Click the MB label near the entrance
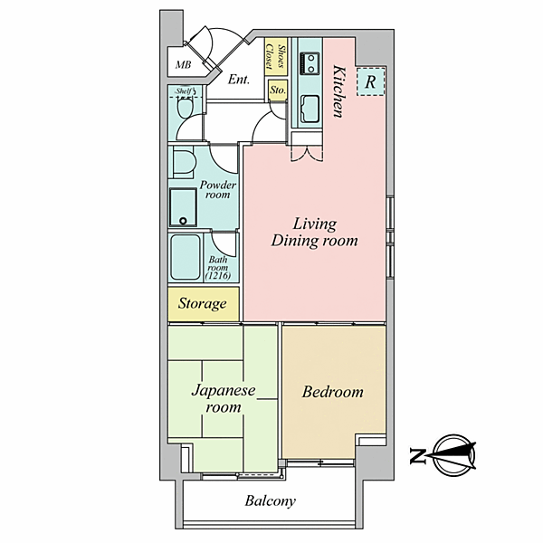183,65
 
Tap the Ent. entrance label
239,80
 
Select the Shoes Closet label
276,57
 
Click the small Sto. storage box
278,90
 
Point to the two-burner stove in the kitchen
310,63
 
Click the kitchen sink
310,109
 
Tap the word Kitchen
339,91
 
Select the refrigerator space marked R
370,81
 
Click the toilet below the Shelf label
186,108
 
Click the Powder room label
217,189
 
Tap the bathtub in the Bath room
186,257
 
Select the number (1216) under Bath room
218,276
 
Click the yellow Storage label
202,303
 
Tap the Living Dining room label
314,232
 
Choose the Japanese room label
224,398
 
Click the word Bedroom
333,392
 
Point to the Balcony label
270,501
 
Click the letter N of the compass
417,455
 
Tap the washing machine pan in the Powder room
183,207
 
